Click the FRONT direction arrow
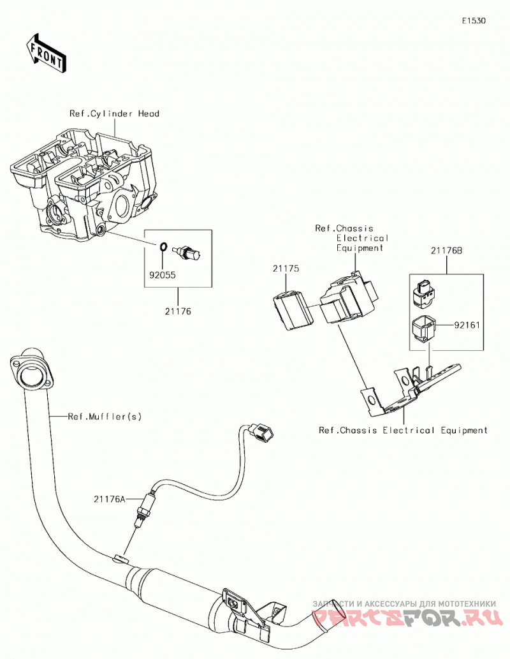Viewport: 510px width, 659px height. [x=46, y=53]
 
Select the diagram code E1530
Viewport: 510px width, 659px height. [x=474, y=20]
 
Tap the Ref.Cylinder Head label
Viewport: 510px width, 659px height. [x=114, y=114]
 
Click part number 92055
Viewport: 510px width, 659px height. [x=163, y=276]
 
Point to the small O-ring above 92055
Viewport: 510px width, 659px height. [x=163, y=247]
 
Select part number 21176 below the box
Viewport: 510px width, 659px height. [x=178, y=311]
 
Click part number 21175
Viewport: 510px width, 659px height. [x=286, y=269]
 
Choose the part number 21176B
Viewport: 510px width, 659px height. [x=446, y=251]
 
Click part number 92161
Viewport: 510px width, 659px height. [x=467, y=325]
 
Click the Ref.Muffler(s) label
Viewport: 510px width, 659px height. [x=105, y=417]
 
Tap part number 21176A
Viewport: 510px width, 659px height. [x=110, y=500]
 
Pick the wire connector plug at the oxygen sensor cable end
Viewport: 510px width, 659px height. [x=261, y=433]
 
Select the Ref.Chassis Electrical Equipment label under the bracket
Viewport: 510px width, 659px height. [x=404, y=431]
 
